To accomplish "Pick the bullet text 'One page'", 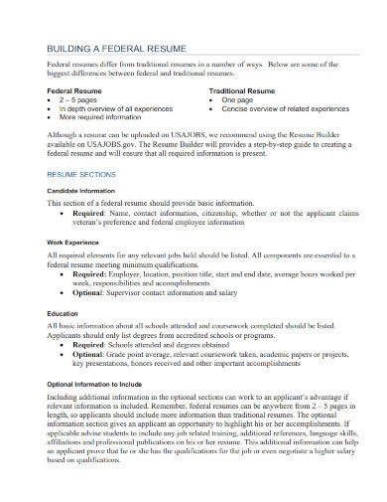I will tap(237, 100).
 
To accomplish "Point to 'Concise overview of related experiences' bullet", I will tap(281, 110).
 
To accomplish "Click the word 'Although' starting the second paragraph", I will tap(65, 133).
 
